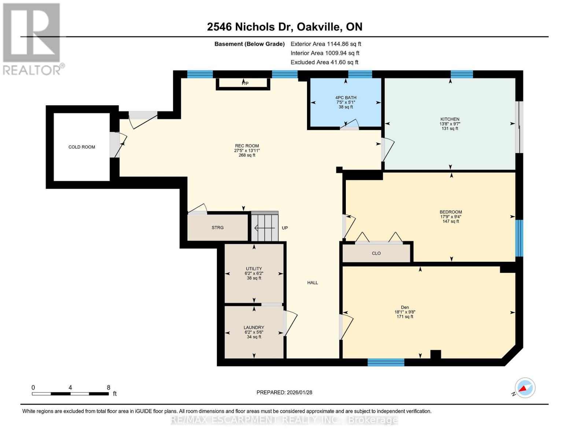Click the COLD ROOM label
click(82, 147)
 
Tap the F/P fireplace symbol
click(245, 84)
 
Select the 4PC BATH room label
click(346, 98)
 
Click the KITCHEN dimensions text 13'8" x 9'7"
click(450, 124)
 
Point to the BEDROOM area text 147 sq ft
click(451, 221)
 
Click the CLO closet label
click(376, 253)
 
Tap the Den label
click(405, 307)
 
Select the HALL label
click(313, 283)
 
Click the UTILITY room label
click(254, 269)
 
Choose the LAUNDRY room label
click(254, 327)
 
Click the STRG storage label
click(218, 228)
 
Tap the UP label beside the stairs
click(285, 228)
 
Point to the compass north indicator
click(525, 388)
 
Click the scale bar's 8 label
click(108, 388)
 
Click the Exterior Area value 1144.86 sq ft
click(344, 44)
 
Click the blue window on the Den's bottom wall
click(386, 362)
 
